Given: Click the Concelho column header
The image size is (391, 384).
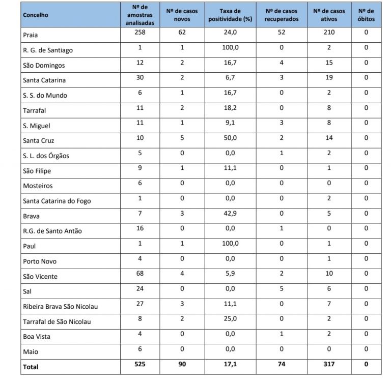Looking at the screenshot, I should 36,15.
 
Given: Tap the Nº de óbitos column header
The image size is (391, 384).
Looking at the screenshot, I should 366,15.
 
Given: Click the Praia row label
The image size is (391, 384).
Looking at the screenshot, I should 31,36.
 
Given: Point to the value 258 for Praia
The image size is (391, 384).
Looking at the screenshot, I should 140,33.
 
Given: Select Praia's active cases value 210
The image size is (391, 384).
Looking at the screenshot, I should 329,33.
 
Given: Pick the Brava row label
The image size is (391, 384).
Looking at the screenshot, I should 31,216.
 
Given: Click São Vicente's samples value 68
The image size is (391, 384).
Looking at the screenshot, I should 140,273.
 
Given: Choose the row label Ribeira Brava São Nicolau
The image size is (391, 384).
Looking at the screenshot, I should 60,306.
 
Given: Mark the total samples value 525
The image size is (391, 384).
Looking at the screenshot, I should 140,364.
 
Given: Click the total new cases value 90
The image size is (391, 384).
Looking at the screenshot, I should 182,364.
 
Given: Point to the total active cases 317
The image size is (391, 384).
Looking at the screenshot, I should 329,364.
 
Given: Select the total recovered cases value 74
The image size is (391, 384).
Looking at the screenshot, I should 282,364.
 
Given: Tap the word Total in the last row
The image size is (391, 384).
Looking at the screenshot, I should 31,366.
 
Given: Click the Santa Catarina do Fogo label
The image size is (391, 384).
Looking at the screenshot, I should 56,201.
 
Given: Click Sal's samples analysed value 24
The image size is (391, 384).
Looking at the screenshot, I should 140,288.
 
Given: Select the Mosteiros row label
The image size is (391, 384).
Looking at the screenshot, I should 38,186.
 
